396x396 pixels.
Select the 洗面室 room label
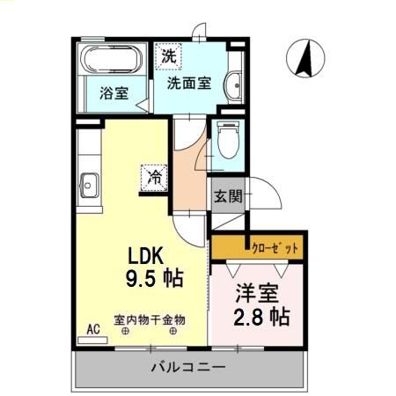coord(189,84)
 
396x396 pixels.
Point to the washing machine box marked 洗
coord(167,55)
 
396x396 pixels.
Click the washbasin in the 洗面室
coord(235,84)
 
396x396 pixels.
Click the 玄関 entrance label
coord(227,196)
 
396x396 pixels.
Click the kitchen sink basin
coord(89,186)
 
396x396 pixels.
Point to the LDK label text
coord(148,255)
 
